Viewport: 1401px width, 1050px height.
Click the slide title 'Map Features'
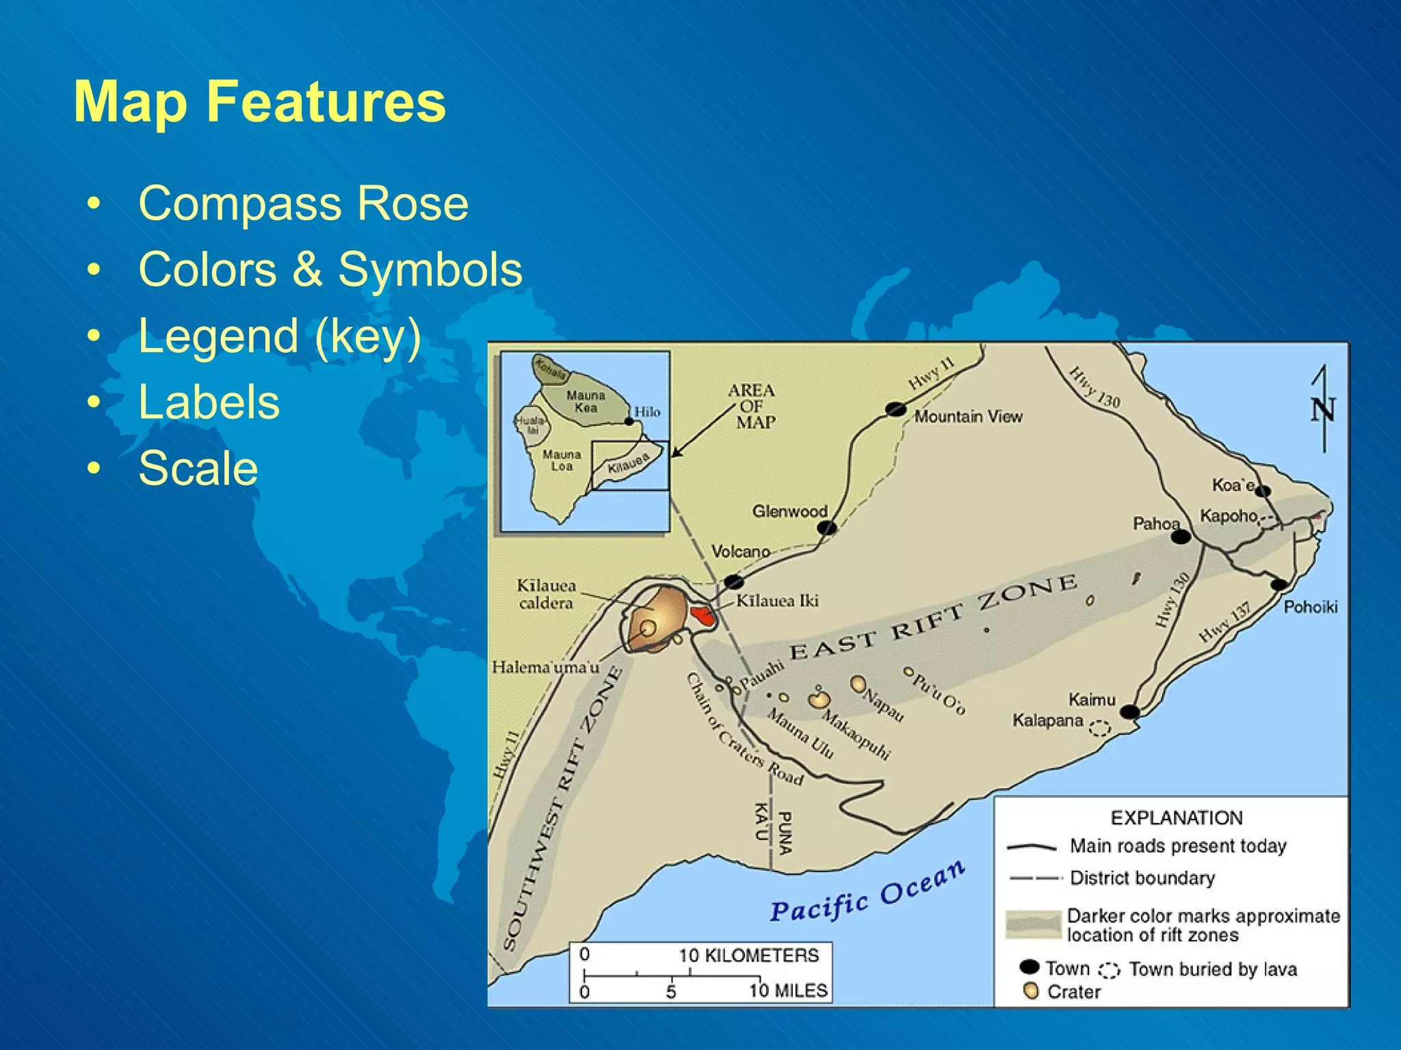point(259,102)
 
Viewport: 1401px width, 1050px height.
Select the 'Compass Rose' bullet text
point(303,203)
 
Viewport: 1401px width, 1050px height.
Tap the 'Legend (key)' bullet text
point(279,336)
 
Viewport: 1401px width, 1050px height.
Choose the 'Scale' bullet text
point(198,468)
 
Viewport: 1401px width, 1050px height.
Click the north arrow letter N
point(1322,411)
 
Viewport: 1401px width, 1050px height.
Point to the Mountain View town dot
point(895,409)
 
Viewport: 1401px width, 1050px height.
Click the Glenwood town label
point(789,511)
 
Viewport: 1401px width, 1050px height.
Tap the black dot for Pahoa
point(1181,537)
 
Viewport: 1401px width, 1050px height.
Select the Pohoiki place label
point(1310,607)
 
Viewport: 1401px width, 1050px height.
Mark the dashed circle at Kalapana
point(1099,729)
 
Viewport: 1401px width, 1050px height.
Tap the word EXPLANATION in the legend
point(1177,818)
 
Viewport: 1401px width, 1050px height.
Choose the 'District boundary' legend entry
point(1142,878)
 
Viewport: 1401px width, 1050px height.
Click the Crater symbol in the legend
point(1032,991)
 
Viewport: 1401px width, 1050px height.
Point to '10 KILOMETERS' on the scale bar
point(748,955)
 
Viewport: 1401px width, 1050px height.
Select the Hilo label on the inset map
point(647,412)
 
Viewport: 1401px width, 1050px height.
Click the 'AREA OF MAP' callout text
point(752,406)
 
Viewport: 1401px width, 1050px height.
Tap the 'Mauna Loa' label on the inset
point(562,460)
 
